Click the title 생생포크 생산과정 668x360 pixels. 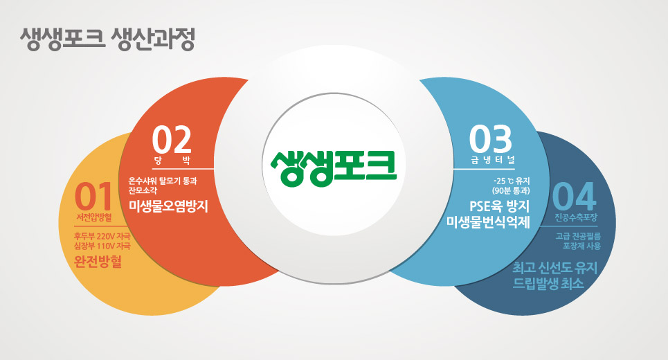107,39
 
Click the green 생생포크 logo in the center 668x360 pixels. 334,168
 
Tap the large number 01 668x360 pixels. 93,197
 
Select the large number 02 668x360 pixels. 172,139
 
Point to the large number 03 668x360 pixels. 490,139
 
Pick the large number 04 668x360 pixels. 574,197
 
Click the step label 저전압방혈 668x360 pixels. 94,217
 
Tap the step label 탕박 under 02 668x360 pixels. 172,160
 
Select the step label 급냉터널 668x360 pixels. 493,160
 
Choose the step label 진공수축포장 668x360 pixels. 576,217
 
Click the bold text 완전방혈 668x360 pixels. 98,261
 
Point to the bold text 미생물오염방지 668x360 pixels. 168,206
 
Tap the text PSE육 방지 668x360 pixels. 499,206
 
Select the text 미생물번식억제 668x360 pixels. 488,222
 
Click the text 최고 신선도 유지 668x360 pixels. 554,268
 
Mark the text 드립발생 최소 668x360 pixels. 548,283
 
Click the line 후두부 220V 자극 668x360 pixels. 102,236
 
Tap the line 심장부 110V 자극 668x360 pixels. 102,246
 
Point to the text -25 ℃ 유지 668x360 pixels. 512,181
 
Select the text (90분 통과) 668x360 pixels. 511,190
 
